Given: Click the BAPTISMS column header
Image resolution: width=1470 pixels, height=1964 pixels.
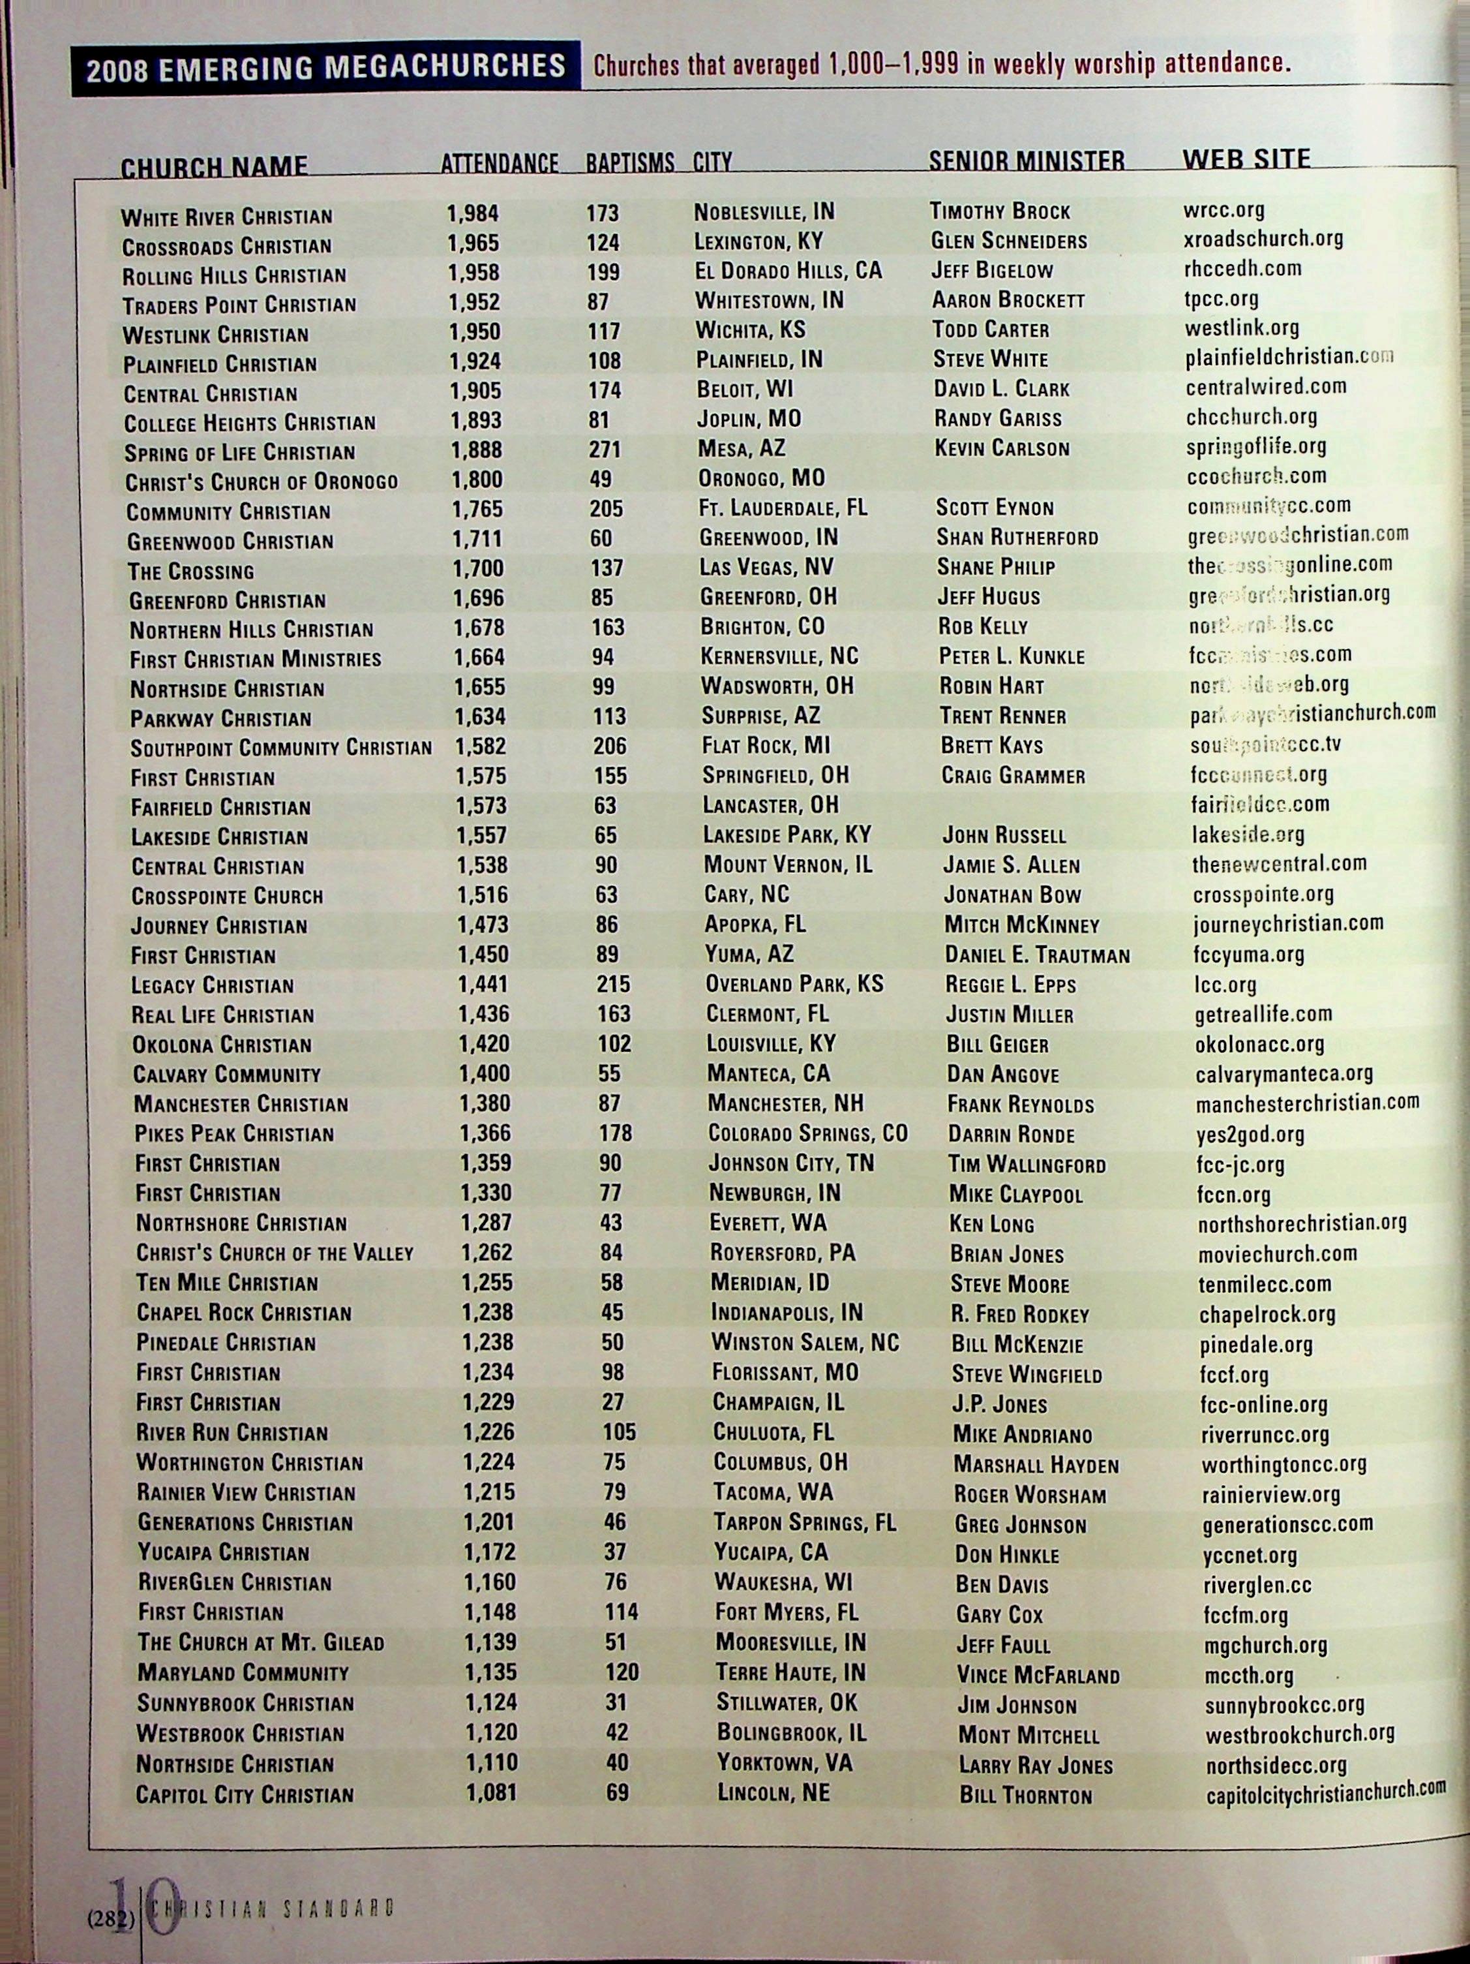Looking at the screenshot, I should tap(629, 162).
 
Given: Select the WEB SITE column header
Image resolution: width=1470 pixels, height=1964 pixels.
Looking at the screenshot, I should tap(1246, 159).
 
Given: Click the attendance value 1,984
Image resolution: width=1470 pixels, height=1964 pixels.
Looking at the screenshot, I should tap(472, 213).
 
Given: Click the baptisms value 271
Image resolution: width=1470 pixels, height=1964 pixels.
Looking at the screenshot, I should tap(605, 450).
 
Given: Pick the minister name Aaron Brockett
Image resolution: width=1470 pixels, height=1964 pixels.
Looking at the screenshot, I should tap(1008, 300).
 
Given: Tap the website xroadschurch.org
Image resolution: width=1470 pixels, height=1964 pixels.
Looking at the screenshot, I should tap(1263, 239).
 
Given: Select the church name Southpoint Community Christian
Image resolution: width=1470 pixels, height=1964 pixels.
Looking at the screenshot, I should tap(280, 748).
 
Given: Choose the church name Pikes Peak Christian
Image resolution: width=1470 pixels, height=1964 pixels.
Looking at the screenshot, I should tap(234, 1134).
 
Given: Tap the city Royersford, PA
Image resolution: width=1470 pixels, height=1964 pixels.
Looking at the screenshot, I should tap(782, 1253).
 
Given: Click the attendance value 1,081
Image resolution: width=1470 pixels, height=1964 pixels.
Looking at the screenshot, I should tap(491, 1792).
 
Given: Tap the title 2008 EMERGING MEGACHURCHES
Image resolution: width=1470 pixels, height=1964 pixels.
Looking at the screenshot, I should tap(326, 67).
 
